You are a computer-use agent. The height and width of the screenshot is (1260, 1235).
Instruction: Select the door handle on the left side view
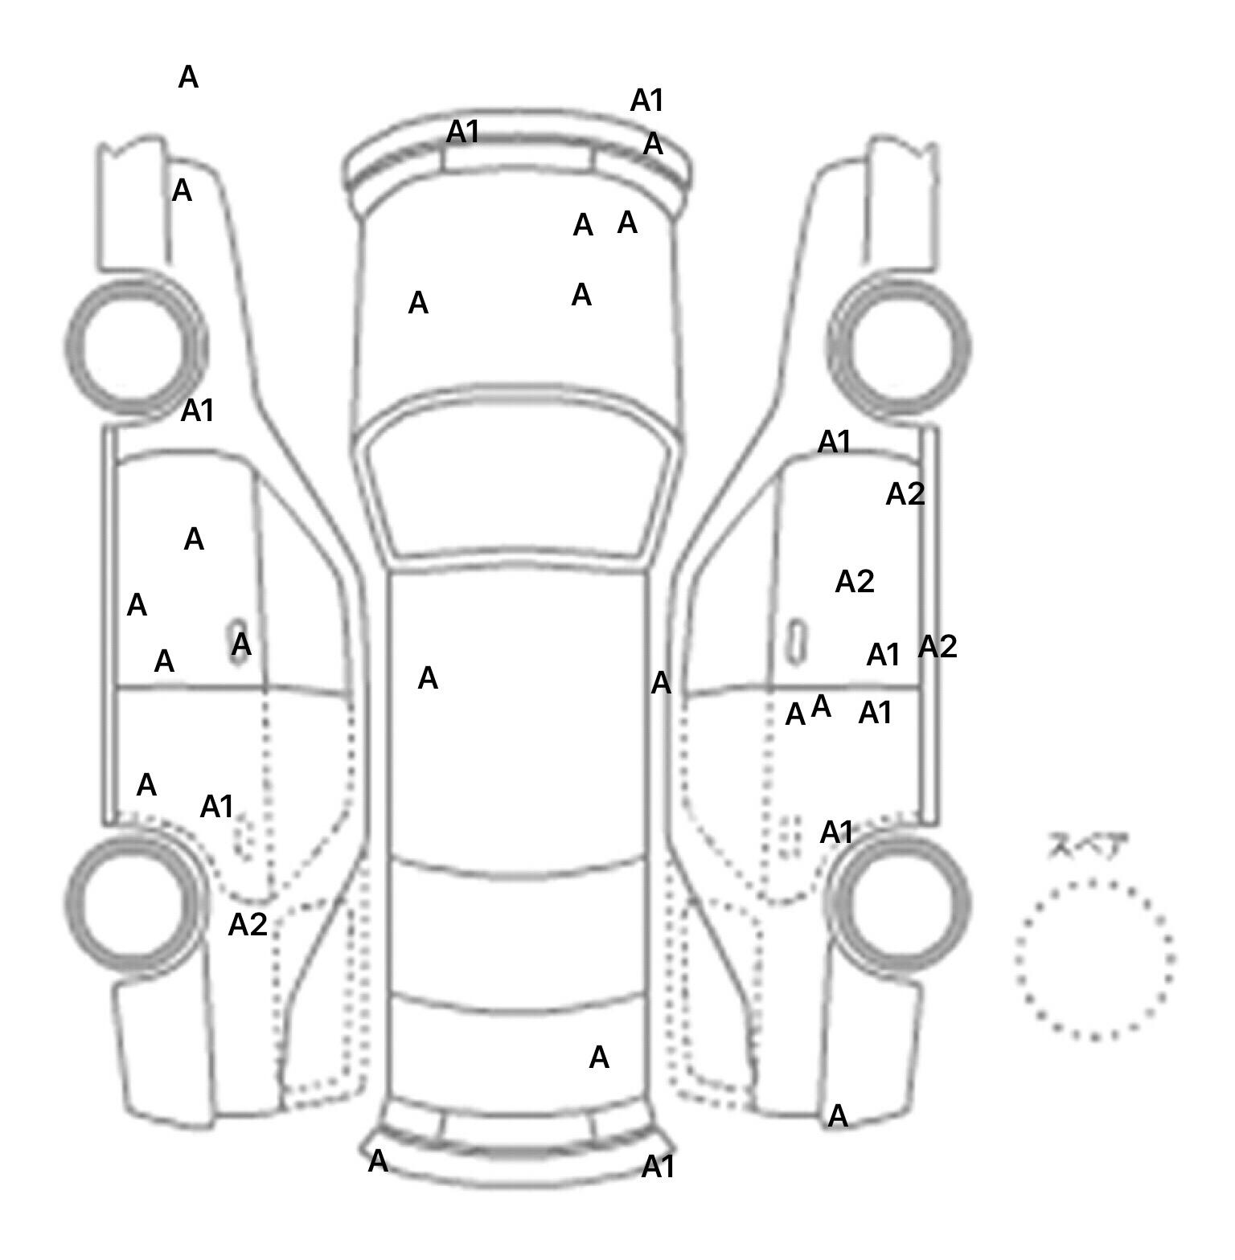pyautogui.click(x=239, y=640)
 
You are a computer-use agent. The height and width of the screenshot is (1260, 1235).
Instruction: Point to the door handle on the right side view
pyautogui.click(x=797, y=640)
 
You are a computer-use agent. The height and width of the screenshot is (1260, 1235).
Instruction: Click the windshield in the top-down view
pyautogui.click(x=519, y=474)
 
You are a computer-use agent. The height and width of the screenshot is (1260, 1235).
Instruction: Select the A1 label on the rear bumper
pyautogui.click(x=658, y=1167)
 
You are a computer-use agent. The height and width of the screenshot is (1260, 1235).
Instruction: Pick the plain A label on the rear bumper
pyautogui.click(x=378, y=1161)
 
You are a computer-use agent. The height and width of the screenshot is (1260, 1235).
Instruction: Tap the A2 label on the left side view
pyautogui.click(x=247, y=925)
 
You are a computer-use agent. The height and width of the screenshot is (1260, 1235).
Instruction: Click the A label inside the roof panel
pyautogui.click(x=428, y=679)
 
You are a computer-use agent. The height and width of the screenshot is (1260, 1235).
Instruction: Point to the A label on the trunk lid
pyautogui.click(x=599, y=1057)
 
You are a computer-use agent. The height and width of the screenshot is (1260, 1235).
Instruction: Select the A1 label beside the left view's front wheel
pyautogui.click(x=198, y=411)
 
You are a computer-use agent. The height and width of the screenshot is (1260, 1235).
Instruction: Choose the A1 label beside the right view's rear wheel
pyautogui.click(x=836, y=833)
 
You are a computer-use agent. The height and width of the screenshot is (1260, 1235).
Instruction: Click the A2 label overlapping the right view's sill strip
pyautogui.click(x=938, y=646)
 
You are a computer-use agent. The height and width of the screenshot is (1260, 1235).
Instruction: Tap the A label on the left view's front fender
pyautogui.click(x=183, y=191)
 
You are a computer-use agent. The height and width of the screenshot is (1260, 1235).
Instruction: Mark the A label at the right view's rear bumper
pyautogui.click(x=838, y=1115)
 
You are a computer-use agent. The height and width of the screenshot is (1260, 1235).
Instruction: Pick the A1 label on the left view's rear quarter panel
pyautogui.click(x=216, y=806)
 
